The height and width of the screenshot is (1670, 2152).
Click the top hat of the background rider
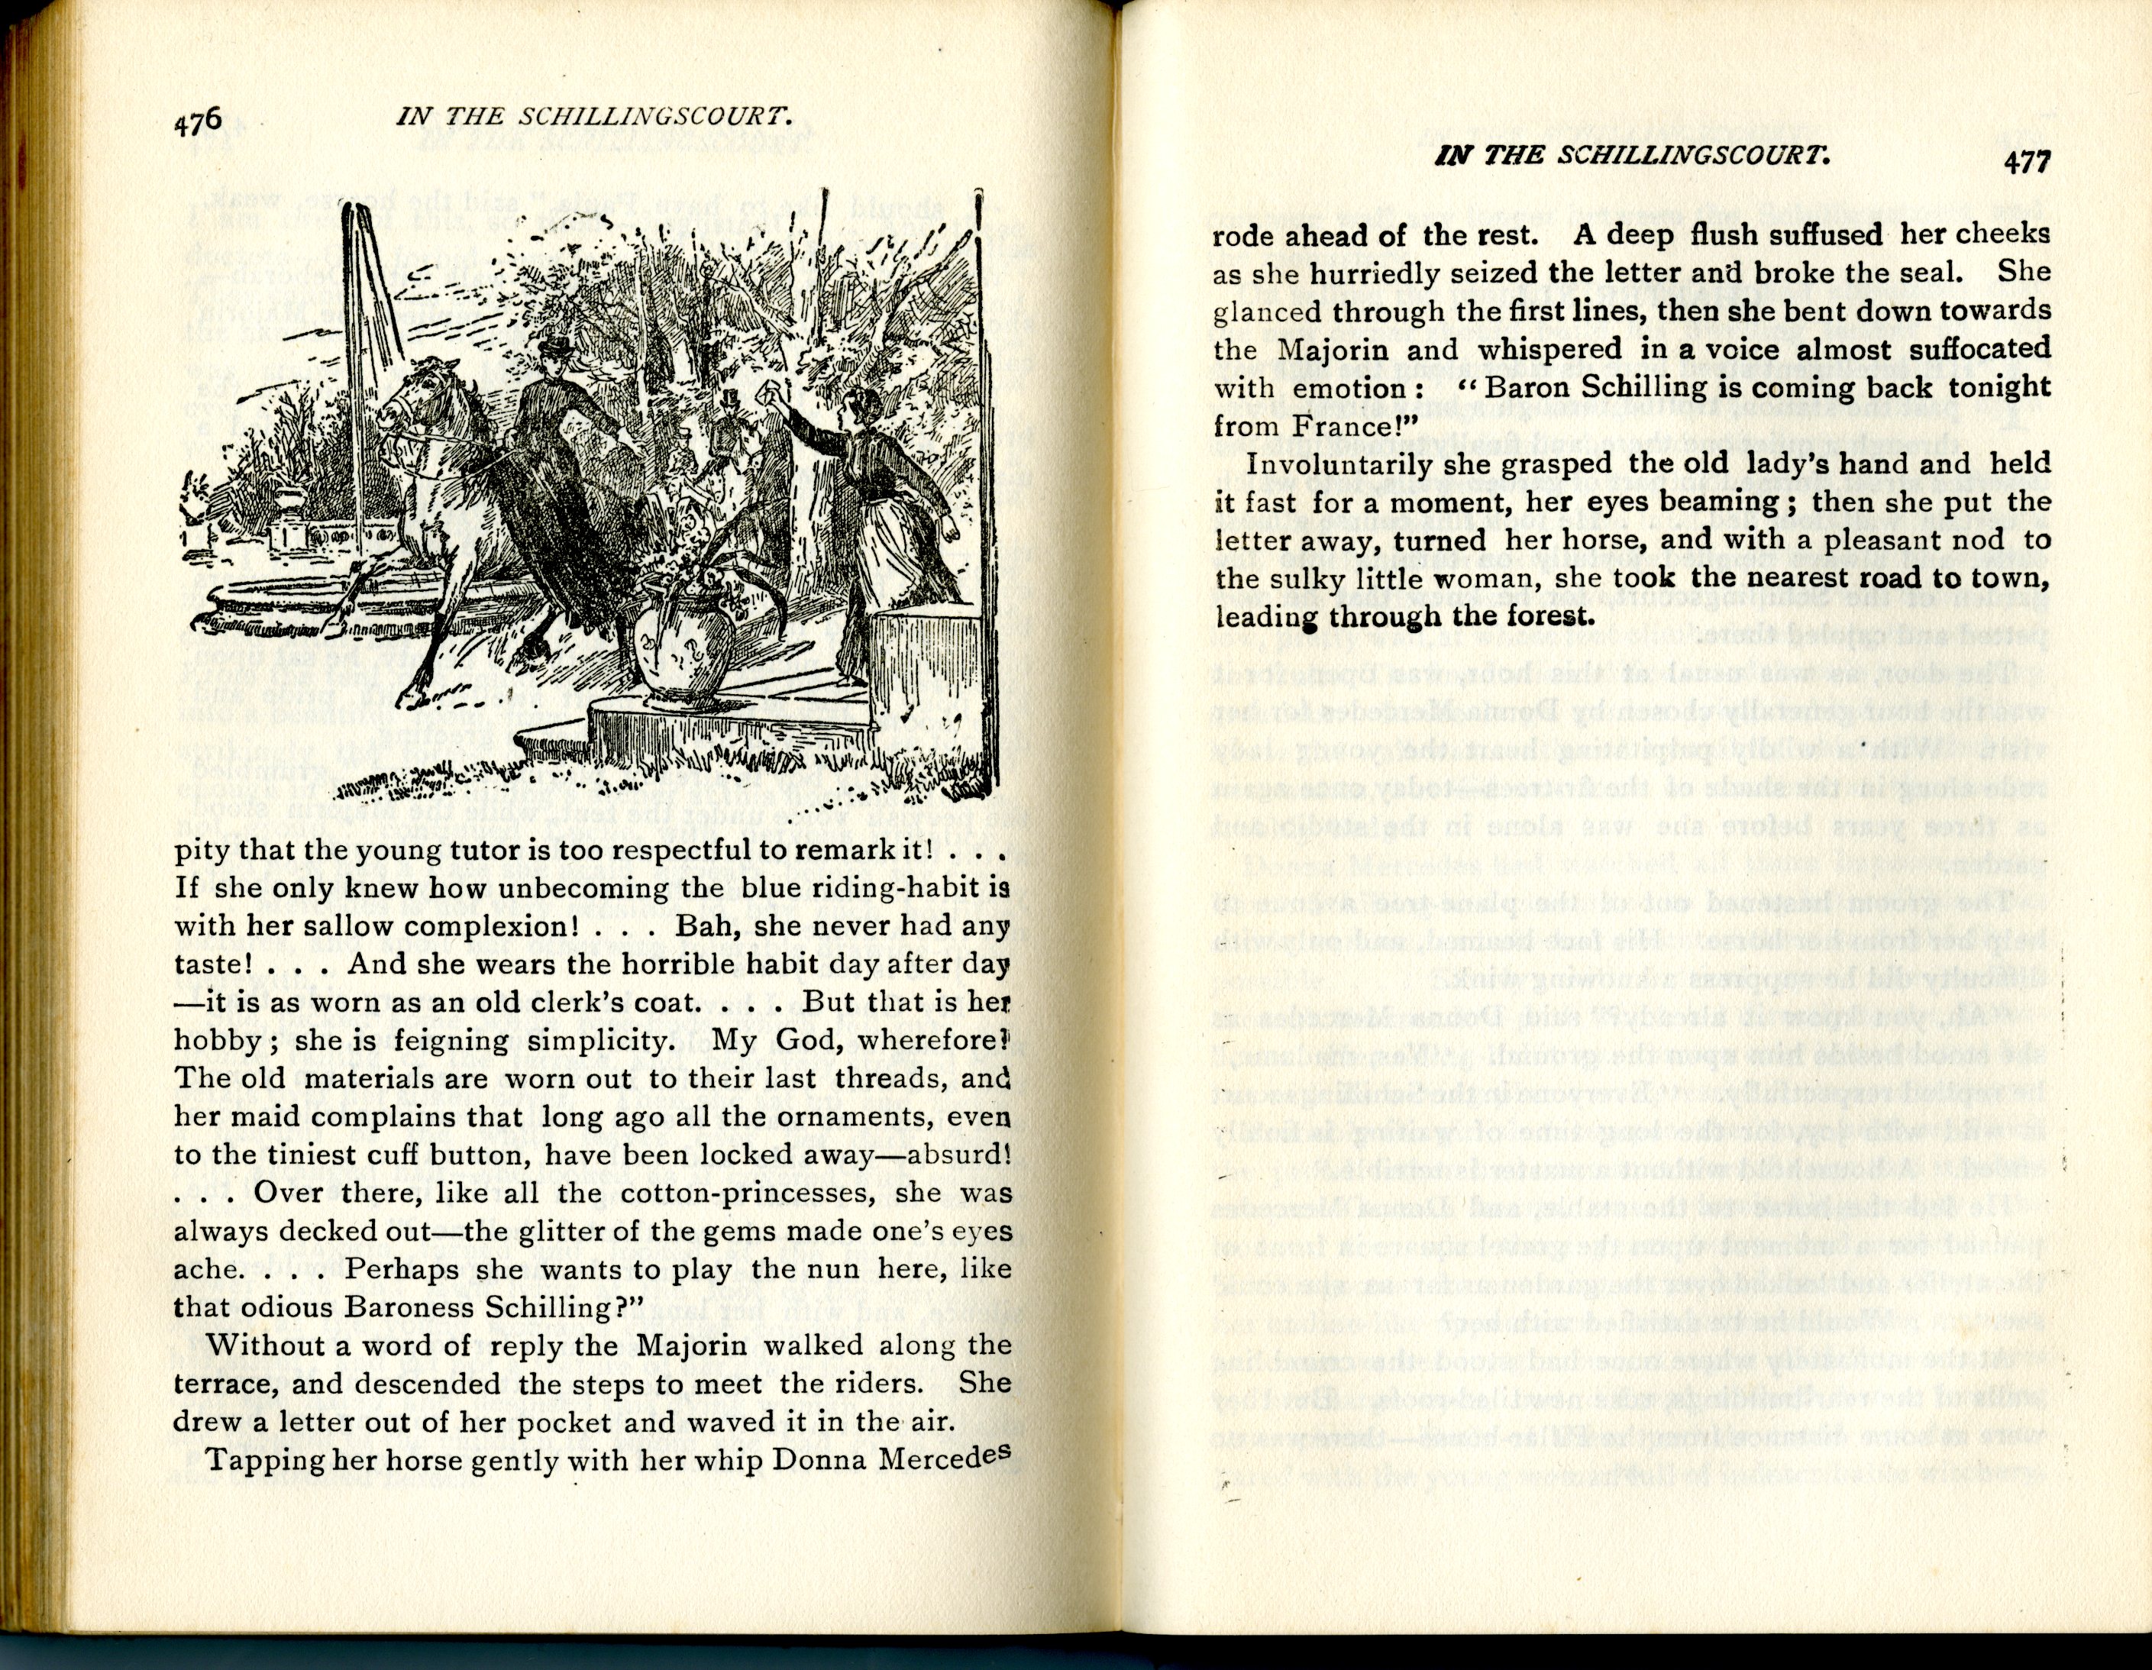pyautogui.click(x=730, y=399)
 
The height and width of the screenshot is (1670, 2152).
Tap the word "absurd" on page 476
pyautogui.click(x=954, y=1155)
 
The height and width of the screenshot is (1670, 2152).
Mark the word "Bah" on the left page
pyautogui.click(x=699, y=927)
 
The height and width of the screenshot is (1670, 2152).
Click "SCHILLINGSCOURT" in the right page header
pyautogui.click(x=1695, y=157)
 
